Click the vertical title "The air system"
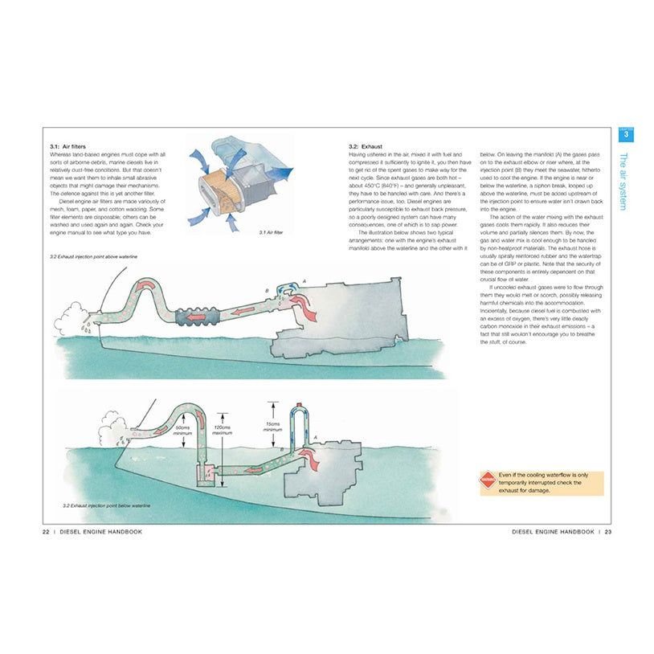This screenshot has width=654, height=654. coord(624,181)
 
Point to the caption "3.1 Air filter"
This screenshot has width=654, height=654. coord(273,232)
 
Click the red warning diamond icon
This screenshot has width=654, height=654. coord(487,483)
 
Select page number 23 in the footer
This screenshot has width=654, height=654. coord(608,531)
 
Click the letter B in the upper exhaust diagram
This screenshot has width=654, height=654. coord(266,288)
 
